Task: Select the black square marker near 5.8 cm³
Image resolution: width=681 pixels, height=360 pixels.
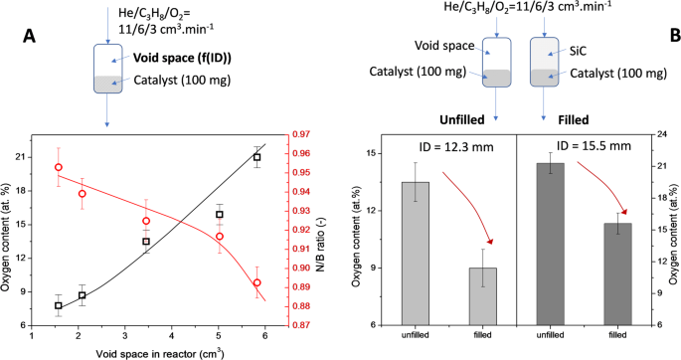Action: [257, 157]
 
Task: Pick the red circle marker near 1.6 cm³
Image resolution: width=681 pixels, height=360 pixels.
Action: [59, 168]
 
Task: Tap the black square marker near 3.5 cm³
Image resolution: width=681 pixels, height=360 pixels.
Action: [146, 242]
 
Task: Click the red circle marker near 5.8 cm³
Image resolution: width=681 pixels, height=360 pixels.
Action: [257, 282]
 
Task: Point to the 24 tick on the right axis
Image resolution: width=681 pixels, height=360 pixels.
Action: [661, 134]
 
